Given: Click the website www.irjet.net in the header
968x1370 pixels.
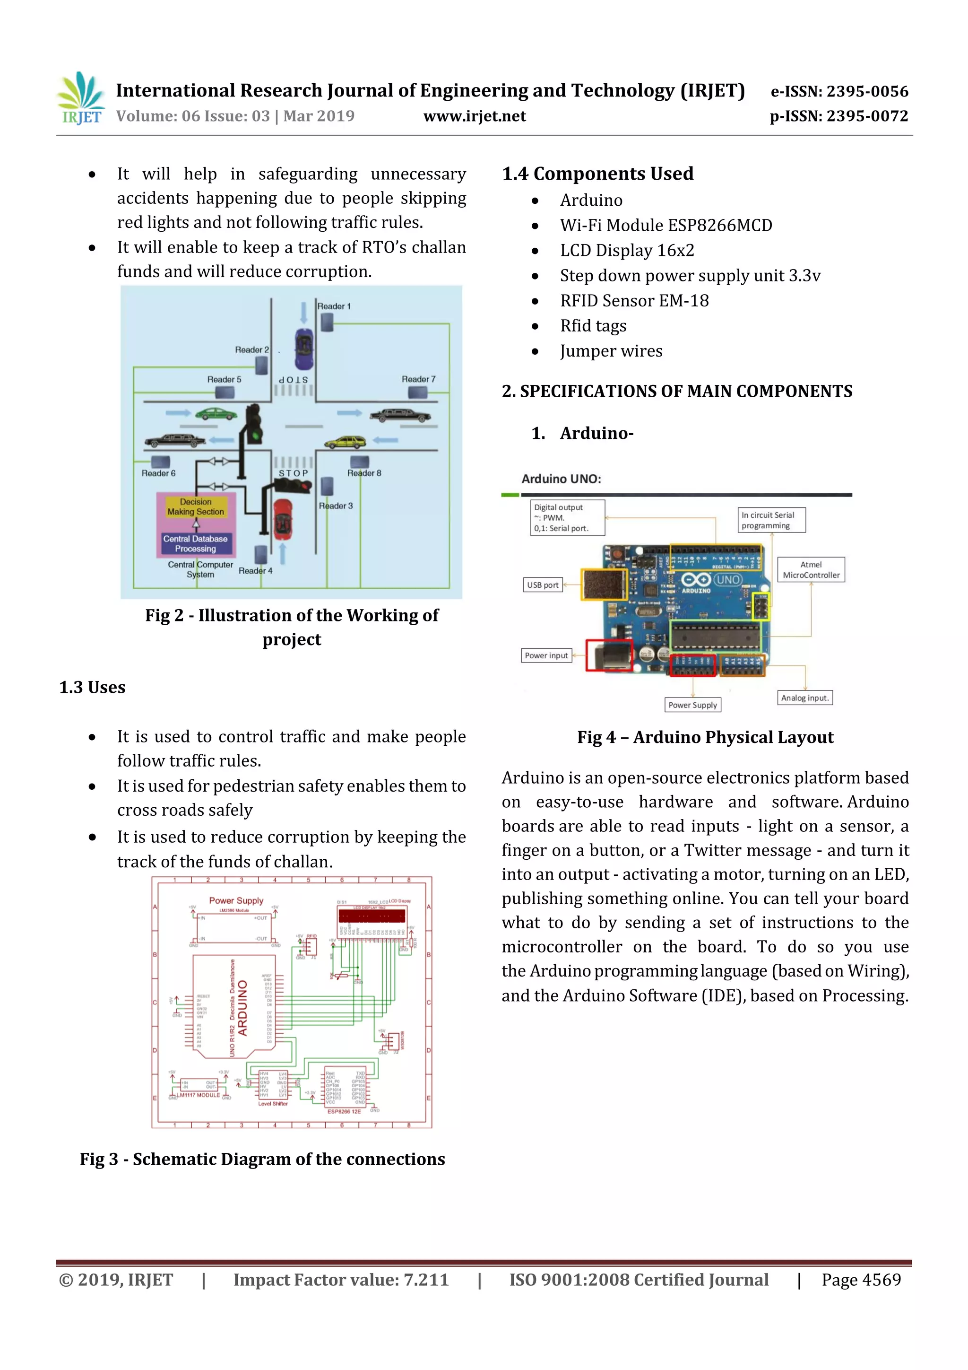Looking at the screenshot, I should tap(474, 116).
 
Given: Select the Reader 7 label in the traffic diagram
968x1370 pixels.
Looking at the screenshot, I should tap(418, 379).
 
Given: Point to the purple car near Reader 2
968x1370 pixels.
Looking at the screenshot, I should tap(303, 349).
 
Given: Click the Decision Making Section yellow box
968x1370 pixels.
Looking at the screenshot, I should tap(196, 506).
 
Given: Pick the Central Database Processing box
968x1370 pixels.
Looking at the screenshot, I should tap(195, 543).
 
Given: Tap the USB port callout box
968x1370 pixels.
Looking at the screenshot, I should tap(542, 585).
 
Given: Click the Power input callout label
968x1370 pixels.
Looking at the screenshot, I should tap(546, 655).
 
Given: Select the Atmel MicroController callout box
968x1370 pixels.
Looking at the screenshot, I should tap(811, 570).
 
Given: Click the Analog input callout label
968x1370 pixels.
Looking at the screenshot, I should tap(804, 698).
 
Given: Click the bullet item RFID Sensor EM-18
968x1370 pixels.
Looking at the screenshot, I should tap(634, 301).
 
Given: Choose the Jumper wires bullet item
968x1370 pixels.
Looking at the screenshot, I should tap(611, 351).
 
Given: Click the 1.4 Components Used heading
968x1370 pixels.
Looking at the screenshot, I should tap(597, 174).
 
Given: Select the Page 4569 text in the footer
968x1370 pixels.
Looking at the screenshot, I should tap(861, 1280).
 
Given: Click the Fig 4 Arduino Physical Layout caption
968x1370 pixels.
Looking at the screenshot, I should tap(705, 738).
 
